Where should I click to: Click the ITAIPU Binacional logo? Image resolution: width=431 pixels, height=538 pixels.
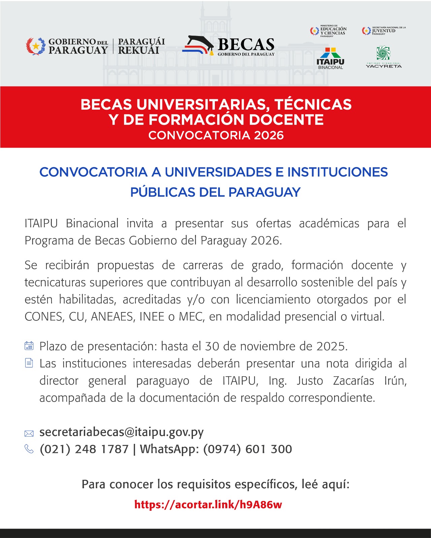330,58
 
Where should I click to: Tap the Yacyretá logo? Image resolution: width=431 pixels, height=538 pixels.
384,57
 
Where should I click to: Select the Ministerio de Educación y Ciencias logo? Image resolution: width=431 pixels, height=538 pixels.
328,31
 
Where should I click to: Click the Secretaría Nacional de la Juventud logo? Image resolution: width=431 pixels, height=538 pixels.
384,31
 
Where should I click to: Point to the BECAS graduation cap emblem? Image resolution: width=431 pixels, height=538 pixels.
198,45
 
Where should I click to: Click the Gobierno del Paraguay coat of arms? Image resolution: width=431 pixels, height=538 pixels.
36,46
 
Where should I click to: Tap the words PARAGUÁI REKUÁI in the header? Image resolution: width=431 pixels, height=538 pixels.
141,46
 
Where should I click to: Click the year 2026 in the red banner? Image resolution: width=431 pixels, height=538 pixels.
269,135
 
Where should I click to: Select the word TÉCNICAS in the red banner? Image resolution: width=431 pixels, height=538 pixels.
313,105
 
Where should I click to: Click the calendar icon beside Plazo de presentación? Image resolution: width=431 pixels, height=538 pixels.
29,346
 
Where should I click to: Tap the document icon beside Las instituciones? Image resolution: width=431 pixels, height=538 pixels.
29,363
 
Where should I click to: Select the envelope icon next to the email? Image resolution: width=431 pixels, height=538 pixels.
29,434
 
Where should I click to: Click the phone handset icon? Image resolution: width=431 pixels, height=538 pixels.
29,449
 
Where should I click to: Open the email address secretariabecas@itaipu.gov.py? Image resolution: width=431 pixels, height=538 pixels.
121,432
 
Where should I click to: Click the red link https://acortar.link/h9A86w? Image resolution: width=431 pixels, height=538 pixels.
208,504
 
